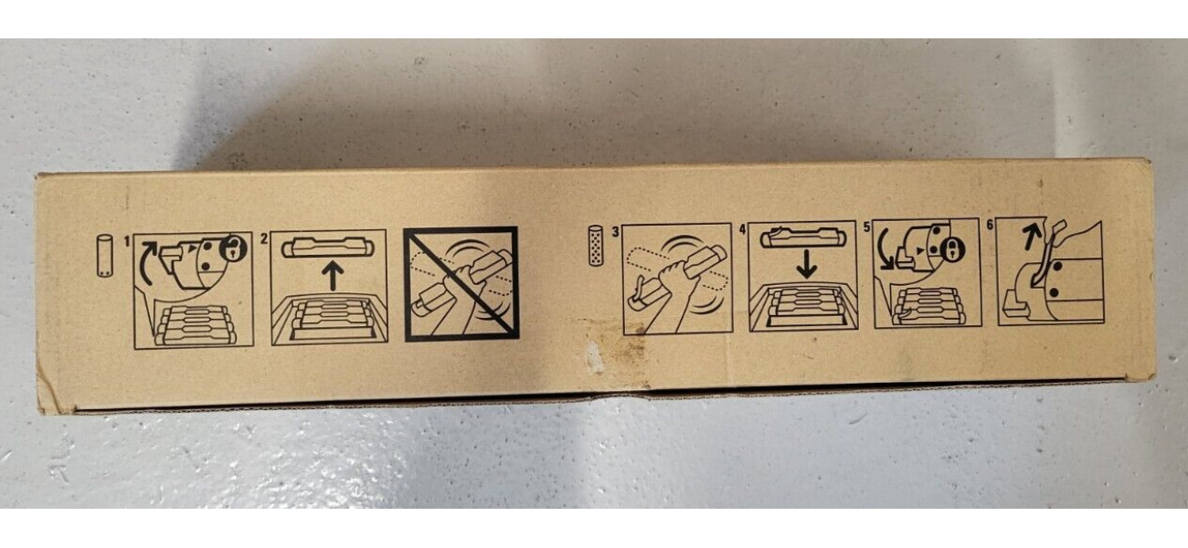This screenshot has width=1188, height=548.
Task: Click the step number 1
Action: coord(127,242)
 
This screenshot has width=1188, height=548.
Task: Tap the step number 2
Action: coord(264,239)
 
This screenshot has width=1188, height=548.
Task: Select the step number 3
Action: coord(615,232)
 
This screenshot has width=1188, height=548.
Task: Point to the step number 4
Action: coord(742,230)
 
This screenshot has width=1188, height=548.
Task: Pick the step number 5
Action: coord(867,228)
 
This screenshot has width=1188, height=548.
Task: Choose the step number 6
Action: coord(990,226)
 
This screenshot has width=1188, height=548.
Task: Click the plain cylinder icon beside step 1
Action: coord(105,256)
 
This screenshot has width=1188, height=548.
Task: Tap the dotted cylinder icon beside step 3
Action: coord(597,246)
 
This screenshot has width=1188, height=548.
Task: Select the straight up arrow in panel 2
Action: coord(333,277)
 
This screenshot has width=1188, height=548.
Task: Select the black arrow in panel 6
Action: coord(1030,237)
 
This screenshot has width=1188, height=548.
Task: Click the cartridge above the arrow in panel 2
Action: coord(328,248)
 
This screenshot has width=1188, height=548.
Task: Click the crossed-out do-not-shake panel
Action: coord(461,284)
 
